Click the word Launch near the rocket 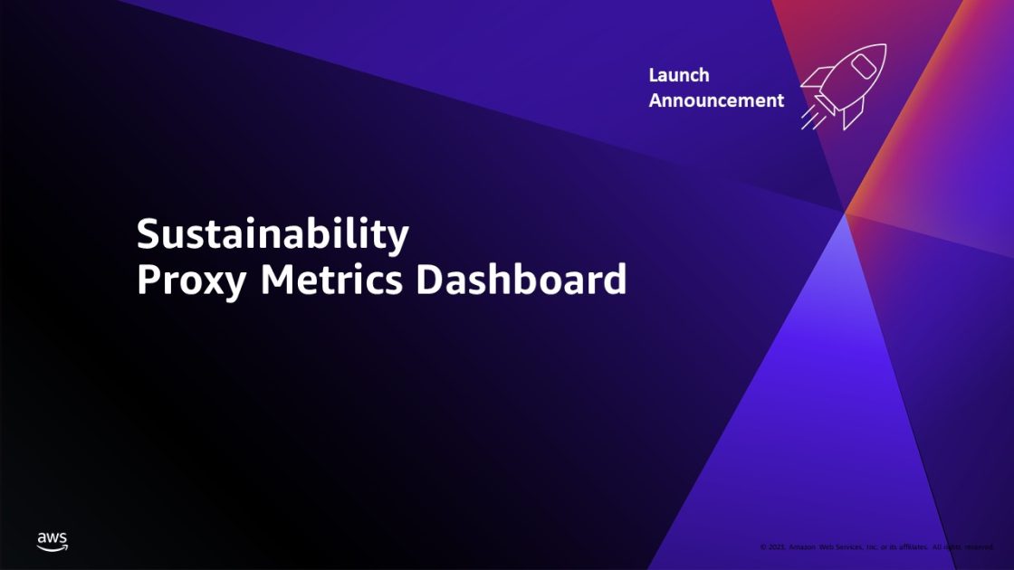[679, 75]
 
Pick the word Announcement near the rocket [716, 100]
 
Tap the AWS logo [52, 541]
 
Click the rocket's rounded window [863, 67]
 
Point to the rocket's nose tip [882, 47]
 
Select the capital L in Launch [654, 75]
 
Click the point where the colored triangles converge [844, 213]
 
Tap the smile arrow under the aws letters [53, 548]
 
